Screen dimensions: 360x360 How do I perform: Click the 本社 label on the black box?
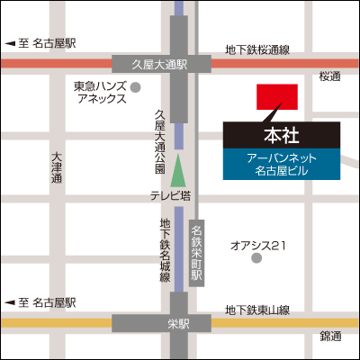point(280,136)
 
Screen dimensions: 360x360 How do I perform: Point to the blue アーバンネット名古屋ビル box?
point(280,163)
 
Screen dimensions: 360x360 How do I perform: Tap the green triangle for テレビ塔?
point(179,168)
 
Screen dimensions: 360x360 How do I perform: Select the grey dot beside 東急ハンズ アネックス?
point(136,87)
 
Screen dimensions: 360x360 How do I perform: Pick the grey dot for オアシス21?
point(256,258)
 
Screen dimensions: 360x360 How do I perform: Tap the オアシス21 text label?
point(258,244)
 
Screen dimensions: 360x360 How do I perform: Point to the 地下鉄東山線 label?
point(258,310)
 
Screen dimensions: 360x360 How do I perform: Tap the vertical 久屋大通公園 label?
point(159,140)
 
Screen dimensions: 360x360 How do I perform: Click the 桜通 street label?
point(330,77)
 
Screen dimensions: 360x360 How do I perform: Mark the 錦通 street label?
point(330,337)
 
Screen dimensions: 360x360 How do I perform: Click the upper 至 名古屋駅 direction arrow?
point(10,43)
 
